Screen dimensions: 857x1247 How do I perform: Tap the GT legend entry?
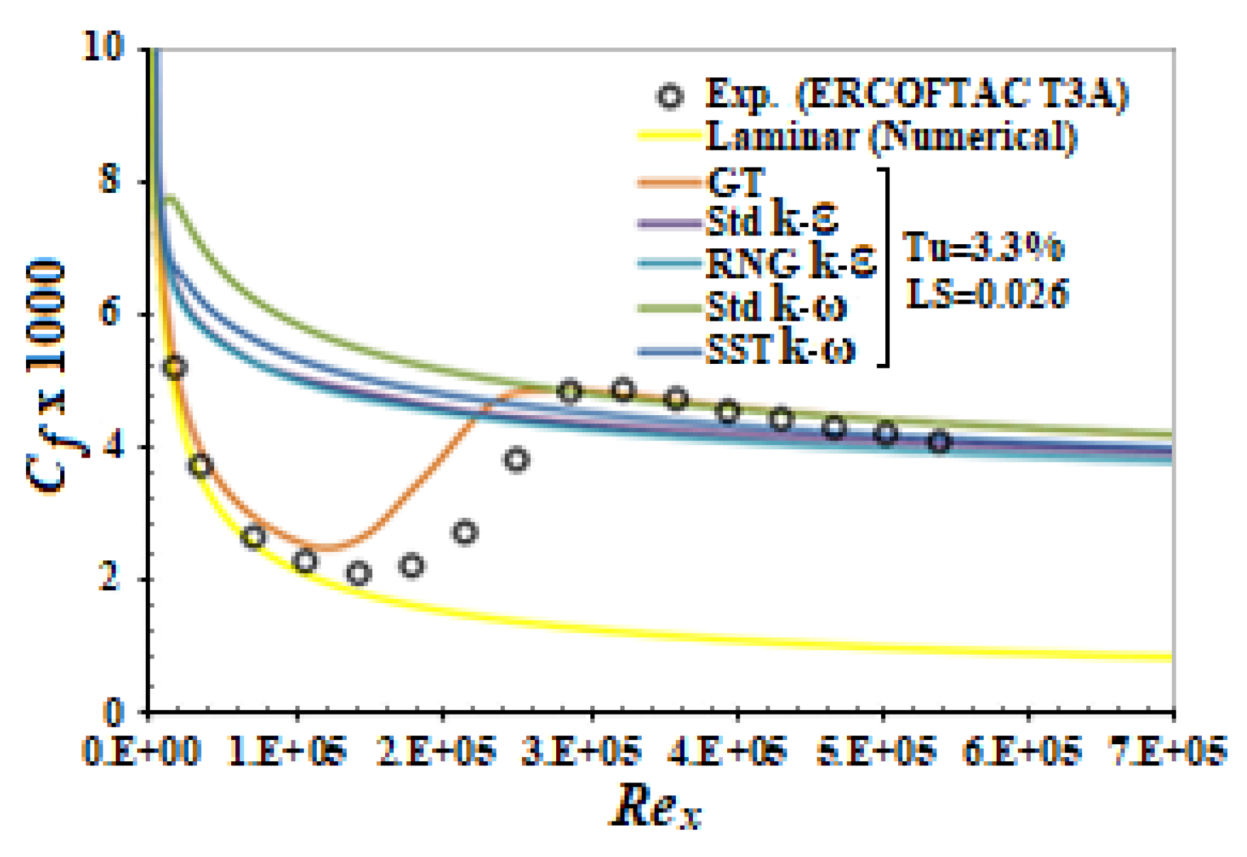(x=735, y=182)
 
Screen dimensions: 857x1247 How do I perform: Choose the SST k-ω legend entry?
(x=780, y=350)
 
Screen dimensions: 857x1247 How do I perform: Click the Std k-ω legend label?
(x=776, y=306)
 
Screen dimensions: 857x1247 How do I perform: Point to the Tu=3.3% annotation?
(x=984, y=247)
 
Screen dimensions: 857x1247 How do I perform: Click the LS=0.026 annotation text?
(x=986, y=294)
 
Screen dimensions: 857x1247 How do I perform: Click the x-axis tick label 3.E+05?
(x=581, y=752)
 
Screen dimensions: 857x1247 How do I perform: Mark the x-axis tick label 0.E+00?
(x=140, y=752)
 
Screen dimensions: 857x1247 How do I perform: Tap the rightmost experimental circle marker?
(x=940, y=442)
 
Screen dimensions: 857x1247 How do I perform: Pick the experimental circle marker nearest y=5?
(x=175, y=367)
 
